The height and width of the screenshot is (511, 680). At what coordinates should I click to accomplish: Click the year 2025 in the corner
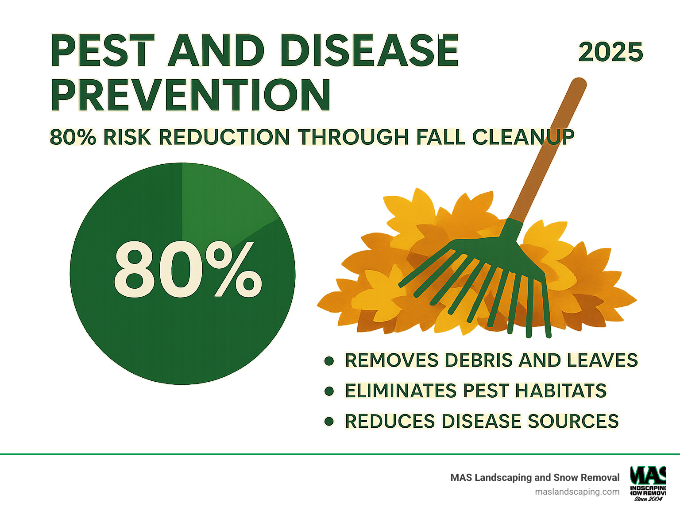pyautogui.click(x=610, y=52)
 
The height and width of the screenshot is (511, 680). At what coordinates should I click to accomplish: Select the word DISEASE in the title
pyautogui.click(x=370, y=50)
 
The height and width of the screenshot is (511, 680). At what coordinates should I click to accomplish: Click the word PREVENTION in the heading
pyautogui.click(x=190, y=95)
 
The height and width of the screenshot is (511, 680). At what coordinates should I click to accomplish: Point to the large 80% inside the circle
pyautogui.click(x=188, y=270)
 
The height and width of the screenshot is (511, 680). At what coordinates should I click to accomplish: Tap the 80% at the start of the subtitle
pyautogui.click(x=73, y=137)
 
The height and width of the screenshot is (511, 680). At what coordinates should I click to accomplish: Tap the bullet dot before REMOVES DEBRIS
pyautogui.click(x=329, y=361)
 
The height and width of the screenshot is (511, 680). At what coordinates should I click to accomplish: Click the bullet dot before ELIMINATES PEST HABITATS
pyautogui.click(x=329, y=391)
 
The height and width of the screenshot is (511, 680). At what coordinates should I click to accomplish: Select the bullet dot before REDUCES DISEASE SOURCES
pyautogui.click(x=329, y=421)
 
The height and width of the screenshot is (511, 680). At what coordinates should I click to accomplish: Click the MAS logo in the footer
pyautogui.click(x=648, y=483)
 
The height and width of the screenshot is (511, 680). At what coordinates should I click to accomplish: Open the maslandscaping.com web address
pyautogui.click(x=577, y=492)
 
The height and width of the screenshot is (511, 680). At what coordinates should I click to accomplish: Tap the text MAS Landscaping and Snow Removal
pyautogui.click(x=535, y=477)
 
